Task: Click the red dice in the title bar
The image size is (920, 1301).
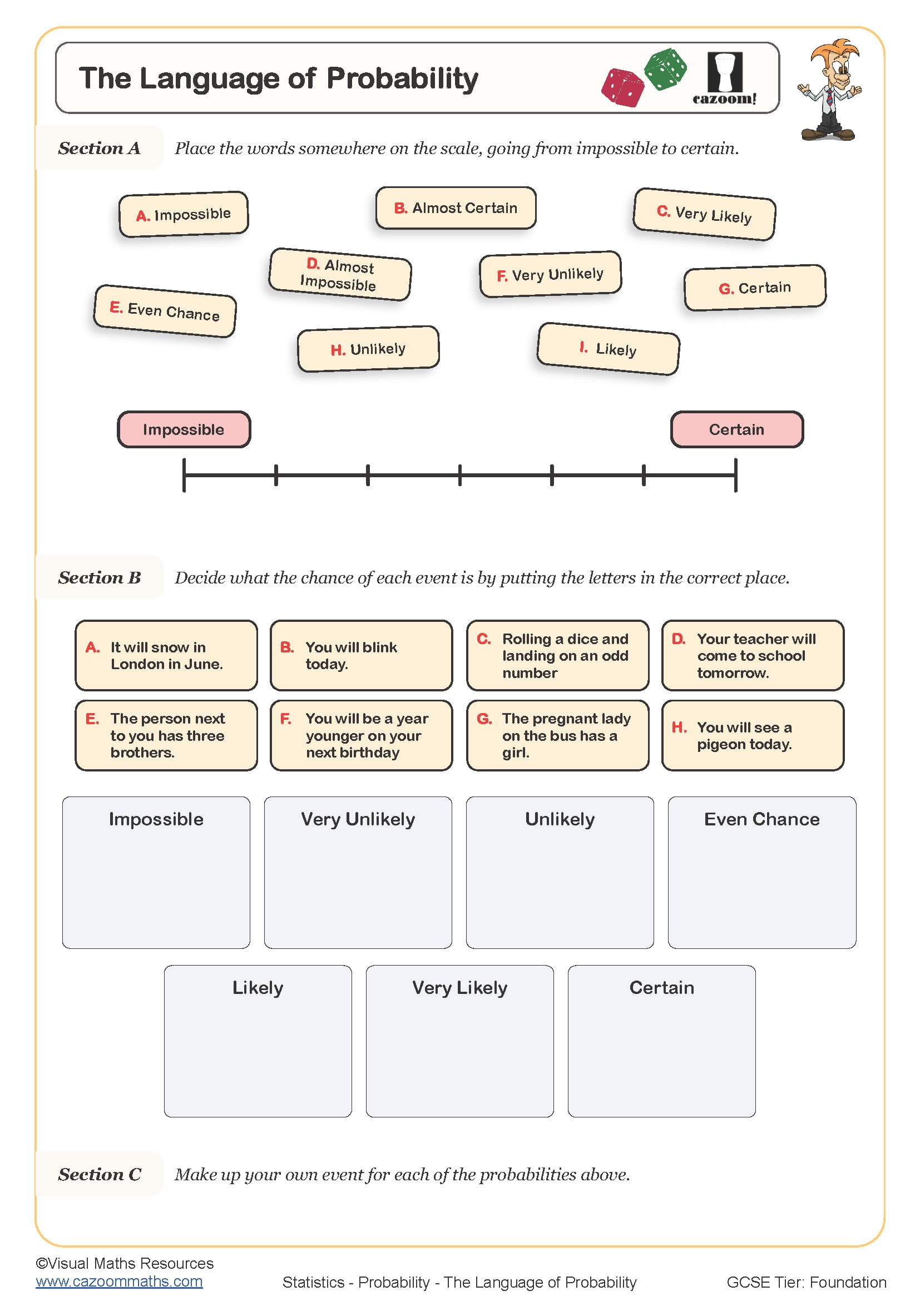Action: tap(622, 88)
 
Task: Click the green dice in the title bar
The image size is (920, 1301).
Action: tap(666, 69)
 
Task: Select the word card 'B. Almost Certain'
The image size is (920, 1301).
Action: tap(456, 208)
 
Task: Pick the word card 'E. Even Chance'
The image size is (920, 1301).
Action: tap(164, 311)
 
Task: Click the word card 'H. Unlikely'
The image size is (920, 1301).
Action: tap(368, 349)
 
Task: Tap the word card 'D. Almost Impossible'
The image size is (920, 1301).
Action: tap(340, 274)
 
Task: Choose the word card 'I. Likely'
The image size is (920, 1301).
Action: tap(608, 349)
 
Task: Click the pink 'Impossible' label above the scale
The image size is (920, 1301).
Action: tap(184, 429)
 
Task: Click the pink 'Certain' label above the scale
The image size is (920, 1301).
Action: tap(736, 429)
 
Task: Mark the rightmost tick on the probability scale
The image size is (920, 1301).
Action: tap(735, 476)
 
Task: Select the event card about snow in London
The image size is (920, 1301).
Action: tap(166, 656)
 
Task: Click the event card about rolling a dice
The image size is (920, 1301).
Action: tap(557, 656)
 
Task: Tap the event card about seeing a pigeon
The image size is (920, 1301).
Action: tap(753, 735)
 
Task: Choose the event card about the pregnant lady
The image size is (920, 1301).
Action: tap(557, 735)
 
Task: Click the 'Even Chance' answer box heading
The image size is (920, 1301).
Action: tap(761, 819)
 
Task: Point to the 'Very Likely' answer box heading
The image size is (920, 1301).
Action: tap(459, 988)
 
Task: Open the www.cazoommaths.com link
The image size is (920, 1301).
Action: tap(119, 1281)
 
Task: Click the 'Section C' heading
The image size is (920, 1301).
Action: tap(100, 1174)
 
